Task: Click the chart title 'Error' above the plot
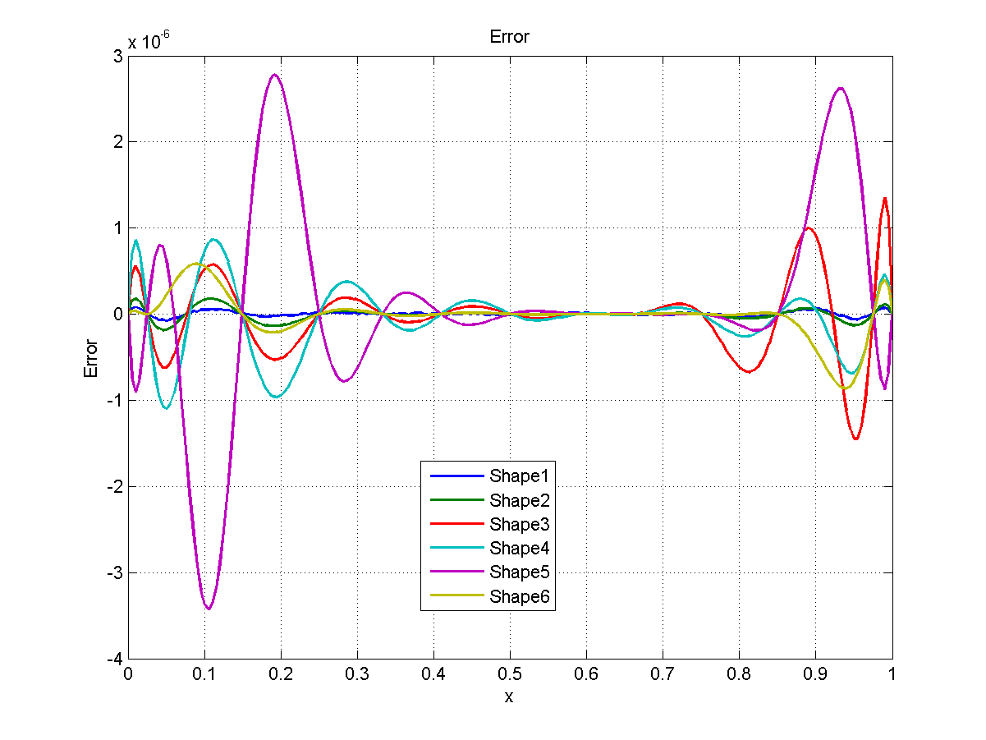tap(509, 37)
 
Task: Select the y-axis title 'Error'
tap(91, 358)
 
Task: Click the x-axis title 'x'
tap(509, 697)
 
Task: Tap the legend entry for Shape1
tap(523, 476)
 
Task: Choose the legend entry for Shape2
tap(523, 500)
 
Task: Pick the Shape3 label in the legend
tap(523, 524)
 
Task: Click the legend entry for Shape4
tap(523, 548)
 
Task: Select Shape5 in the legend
tap(523, 572)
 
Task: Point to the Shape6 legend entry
tap(523, 596)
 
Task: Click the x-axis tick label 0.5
tap(510, 673)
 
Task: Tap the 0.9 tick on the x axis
tap(815, 673)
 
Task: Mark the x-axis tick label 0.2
tap(281, 673)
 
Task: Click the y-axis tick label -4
tap(113, 660)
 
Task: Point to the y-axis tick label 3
tap(117, 56)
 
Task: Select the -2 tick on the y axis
tap(113, 487)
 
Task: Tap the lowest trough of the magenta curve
tap(209, 609)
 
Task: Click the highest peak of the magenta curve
tap(274, 75)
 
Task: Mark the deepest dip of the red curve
tap(855, 439)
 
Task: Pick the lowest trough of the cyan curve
tap(167, 408)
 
